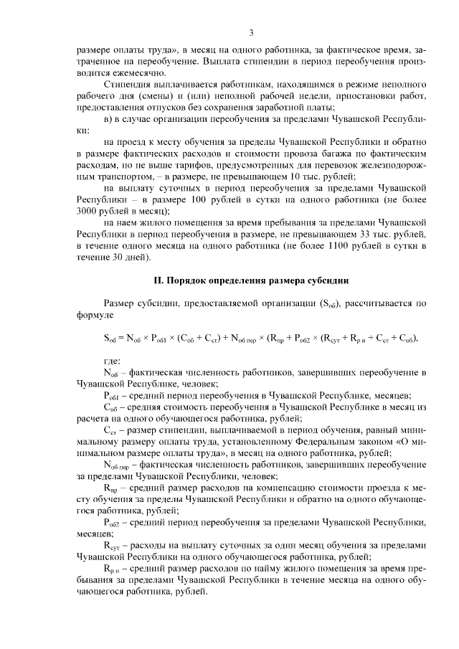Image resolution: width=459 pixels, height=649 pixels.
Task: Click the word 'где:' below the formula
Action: click(113, 360)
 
